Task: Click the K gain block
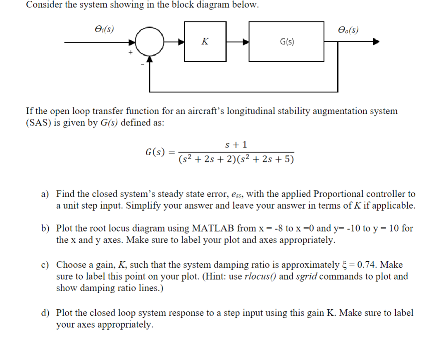(205, 41)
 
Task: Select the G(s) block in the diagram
(287, 41)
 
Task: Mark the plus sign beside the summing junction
(130, 53)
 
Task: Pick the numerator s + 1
(236, 145)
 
